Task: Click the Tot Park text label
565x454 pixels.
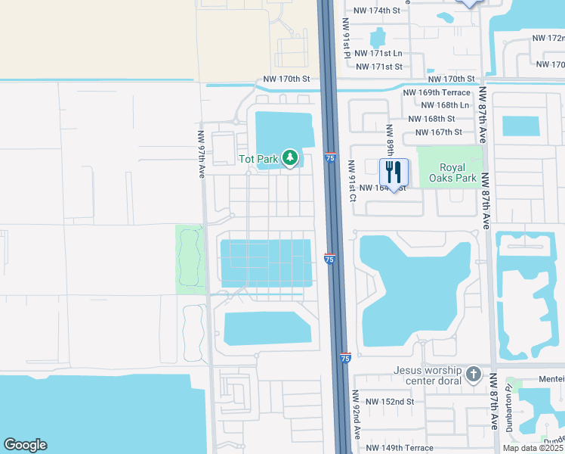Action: pyautogui.click(x=258, y=159)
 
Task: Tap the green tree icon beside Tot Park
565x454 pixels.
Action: pyautogui.click(x=289, y=158)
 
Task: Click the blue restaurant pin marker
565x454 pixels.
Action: pyautogui.click(x=394, y=173)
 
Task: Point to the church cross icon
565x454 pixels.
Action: pyautogui.click(x=473, y=374)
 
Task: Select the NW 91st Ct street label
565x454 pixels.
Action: pyautogui.click(x=352, y=180)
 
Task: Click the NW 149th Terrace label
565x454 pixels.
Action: pyautogui.click(x=400, y=447)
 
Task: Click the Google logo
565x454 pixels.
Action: pyautogui.click(x=25, y=445)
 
